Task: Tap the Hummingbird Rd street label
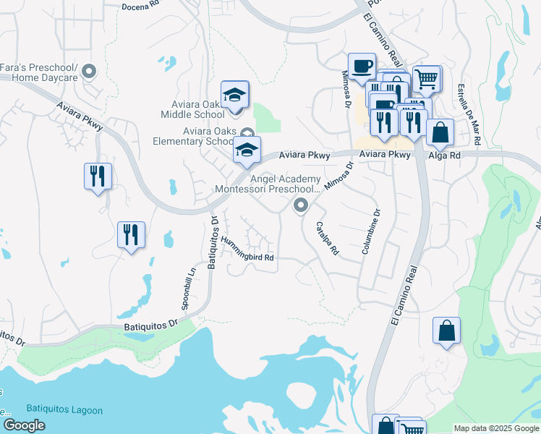click(x=248, y=249)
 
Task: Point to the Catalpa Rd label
click(x=327, y=239)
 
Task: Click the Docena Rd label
click(x=140, y=7)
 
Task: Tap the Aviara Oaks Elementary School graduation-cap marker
click(x=247, y=150)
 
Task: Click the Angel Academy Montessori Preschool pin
click(x=299, y=207)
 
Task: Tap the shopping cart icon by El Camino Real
click(x=427, y=78)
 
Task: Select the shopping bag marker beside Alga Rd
click(x=439, y=133)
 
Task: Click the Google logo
click(x=25, y=425)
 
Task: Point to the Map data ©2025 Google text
click(x=496, y=428)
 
